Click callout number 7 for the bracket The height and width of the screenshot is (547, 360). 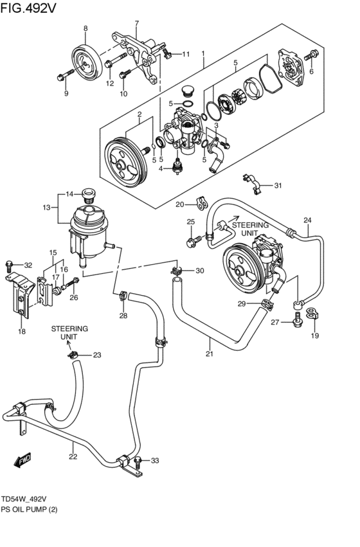click(x=136, y=24)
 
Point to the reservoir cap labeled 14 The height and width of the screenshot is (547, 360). click(x=89, y=192)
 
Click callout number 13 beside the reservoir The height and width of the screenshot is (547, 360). click(x=46, y=207)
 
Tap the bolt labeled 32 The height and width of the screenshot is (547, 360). click(x=10, y=265)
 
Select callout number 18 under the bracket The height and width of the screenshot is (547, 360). click(x=22, y=331)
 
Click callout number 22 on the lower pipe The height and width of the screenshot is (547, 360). click(x=73, y=457)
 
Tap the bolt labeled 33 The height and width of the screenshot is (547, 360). click(x=139, y=460)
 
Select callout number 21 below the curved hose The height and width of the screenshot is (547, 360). click(x=209, y=354)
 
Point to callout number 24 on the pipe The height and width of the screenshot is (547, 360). click(x=308, y=220)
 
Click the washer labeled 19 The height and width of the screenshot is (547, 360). click(x=313, y=314)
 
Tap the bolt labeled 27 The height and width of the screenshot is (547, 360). click(x=297, y=321)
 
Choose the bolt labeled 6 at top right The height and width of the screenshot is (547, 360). click(x=314, y=55)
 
